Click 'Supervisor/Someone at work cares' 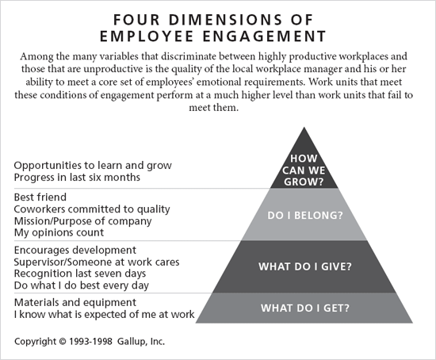97,262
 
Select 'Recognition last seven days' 78,274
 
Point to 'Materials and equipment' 75,302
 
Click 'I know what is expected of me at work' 105,315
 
